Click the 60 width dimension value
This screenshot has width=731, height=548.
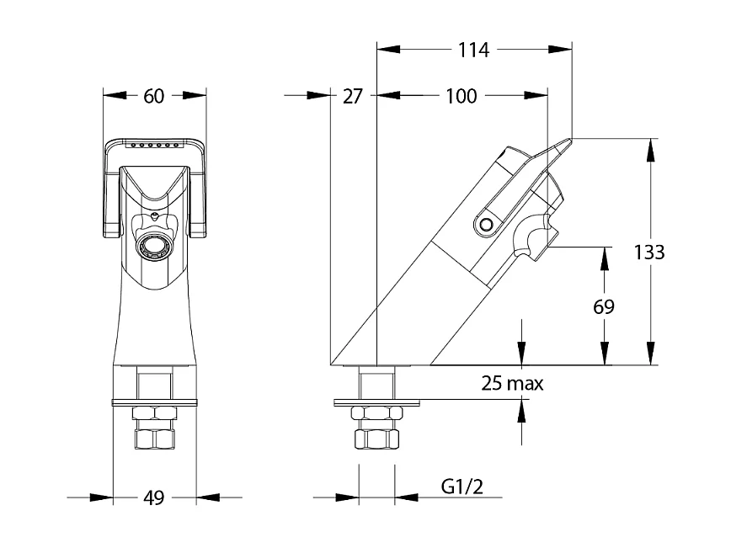[153, 96]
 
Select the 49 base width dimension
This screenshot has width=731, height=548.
[152, 498]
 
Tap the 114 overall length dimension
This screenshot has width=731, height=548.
[474, 51]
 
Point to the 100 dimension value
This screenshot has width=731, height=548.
[462, 96]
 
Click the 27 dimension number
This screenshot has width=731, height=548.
[353, 96]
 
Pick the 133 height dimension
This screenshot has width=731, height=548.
[649, 252]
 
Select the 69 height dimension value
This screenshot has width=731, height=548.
[604, 306]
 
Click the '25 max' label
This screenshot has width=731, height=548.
[512, 384]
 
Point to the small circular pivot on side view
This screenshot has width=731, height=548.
[486, 225]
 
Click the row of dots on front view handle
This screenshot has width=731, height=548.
[154, 146]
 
